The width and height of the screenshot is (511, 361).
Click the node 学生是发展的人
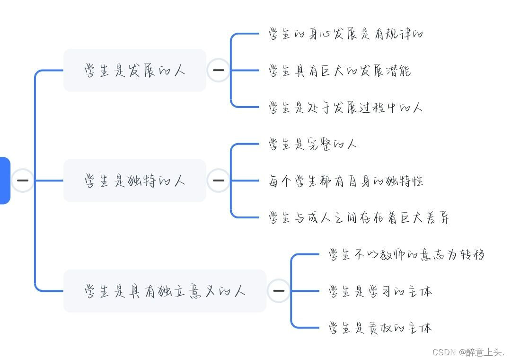click(135, 71)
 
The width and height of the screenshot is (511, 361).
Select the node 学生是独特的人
click(135, 180)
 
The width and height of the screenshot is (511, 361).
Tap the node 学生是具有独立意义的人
click(165, 290)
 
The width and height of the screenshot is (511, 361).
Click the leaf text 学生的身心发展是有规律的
click(345, 34)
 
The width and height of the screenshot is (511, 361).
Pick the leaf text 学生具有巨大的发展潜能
click(339, 71)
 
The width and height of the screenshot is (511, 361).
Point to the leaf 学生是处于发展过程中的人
click(345, 107)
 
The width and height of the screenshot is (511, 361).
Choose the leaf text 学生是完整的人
click(313, 144)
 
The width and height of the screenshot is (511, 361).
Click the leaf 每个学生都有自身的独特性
click(346, 180)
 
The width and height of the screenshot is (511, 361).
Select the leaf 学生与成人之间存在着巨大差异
click(359, 217)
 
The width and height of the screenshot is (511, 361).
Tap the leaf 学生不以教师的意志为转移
click(406, 254)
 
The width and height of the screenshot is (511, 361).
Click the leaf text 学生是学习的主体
click(380, 291)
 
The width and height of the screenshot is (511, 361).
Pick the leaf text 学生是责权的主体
click(380, 327)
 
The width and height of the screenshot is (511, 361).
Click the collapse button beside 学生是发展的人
click(219, 71)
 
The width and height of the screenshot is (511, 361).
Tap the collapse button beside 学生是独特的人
click(219, 180)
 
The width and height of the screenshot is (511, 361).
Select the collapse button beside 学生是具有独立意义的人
click(279, 290)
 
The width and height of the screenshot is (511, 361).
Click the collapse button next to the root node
click(22, 180)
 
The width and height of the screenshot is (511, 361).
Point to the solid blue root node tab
click(4, 180)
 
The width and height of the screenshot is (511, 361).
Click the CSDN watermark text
click(468, 352)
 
